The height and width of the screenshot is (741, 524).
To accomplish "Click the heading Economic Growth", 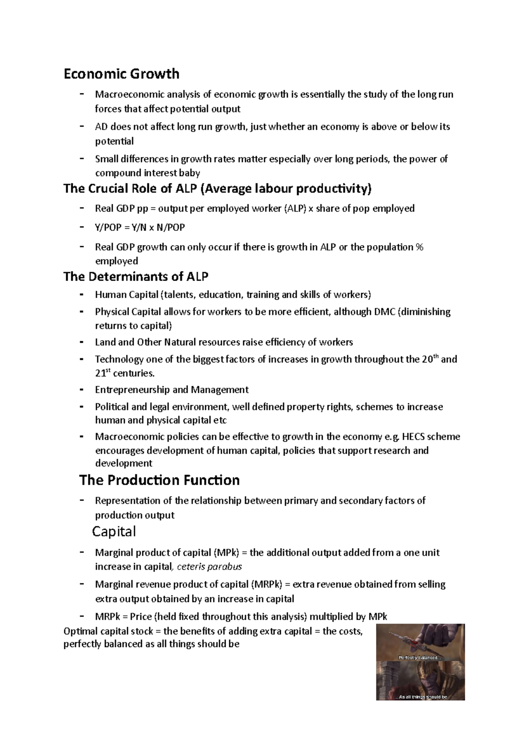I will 121,74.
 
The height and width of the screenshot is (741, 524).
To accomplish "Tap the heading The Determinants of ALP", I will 136,277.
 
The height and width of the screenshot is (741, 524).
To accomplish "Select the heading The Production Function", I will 159,480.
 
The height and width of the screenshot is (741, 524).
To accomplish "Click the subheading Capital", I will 114,532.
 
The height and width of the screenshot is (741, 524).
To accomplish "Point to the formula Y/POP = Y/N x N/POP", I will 140,227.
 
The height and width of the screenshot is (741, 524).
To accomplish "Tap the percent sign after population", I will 420,247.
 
